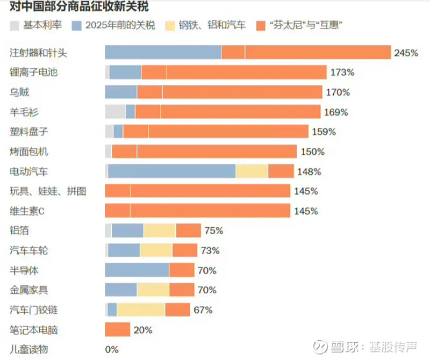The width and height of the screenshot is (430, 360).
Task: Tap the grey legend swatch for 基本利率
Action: tap(15, 25)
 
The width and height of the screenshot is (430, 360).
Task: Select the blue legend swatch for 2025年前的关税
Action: tap(76, 25)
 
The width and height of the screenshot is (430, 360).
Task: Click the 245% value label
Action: tap(406, 53)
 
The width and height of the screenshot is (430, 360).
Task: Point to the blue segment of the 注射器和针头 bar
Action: tap(163, 52)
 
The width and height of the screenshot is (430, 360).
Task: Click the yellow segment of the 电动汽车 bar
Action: tap(252, 171)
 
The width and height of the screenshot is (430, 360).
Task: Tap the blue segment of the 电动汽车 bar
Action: tap(171, 171)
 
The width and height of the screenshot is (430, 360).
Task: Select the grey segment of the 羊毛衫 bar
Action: tap(115, 112)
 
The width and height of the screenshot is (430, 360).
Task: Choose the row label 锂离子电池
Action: tap(33, 72)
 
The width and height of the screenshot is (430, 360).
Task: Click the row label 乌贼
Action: tap(20, 92)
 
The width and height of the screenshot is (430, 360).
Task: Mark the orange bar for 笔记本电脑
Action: tap(117, 329)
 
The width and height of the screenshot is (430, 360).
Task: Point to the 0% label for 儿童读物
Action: tap(112, 349)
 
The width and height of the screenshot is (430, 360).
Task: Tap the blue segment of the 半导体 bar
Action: tap(137, 270)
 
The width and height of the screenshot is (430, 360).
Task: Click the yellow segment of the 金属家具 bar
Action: tap(153, 290)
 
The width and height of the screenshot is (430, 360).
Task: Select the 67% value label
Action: tap(203, 310)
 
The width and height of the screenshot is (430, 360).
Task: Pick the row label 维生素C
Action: tap(27, 211)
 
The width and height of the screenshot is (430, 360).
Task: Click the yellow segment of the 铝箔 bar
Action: tap(160, 231)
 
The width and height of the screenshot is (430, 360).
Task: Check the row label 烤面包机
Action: tap(29, 152)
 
